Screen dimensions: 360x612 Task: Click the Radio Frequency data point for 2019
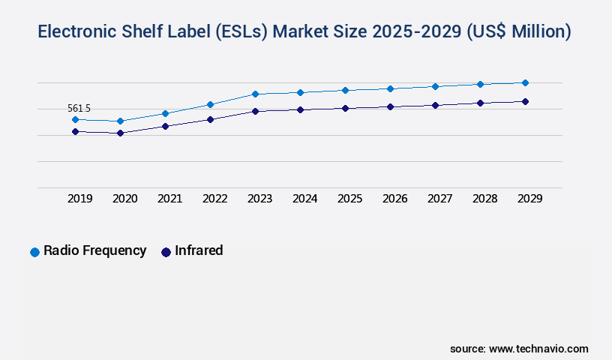tap(75, 119)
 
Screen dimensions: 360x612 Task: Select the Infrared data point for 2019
tap(75, 131)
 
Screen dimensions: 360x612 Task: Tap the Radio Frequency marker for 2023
tap(255, 94)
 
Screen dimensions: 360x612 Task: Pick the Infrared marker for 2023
tap(255, 111)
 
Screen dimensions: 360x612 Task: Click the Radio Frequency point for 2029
tap(525, 82)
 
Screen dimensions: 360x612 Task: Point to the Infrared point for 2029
tap(525, 101)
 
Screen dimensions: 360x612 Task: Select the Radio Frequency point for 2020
tap(120, 121)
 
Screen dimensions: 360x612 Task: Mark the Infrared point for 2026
tap(390, 106)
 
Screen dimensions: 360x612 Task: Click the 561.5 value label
tap(79, 109)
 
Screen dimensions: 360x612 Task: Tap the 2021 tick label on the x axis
tap(169, 199)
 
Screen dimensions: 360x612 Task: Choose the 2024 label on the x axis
tap(304, 199)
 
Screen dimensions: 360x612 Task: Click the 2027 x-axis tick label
tap(439, 199)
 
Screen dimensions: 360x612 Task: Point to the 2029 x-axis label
tap(529, 199)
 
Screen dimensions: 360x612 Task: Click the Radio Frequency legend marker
tap(34, 252)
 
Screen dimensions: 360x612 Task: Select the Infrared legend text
tap(199, 250)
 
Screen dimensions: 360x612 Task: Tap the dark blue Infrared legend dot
tap(166, 252)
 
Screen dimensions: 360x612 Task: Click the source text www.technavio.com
tap(538, 349)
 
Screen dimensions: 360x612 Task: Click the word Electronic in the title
tap(82, 31)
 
